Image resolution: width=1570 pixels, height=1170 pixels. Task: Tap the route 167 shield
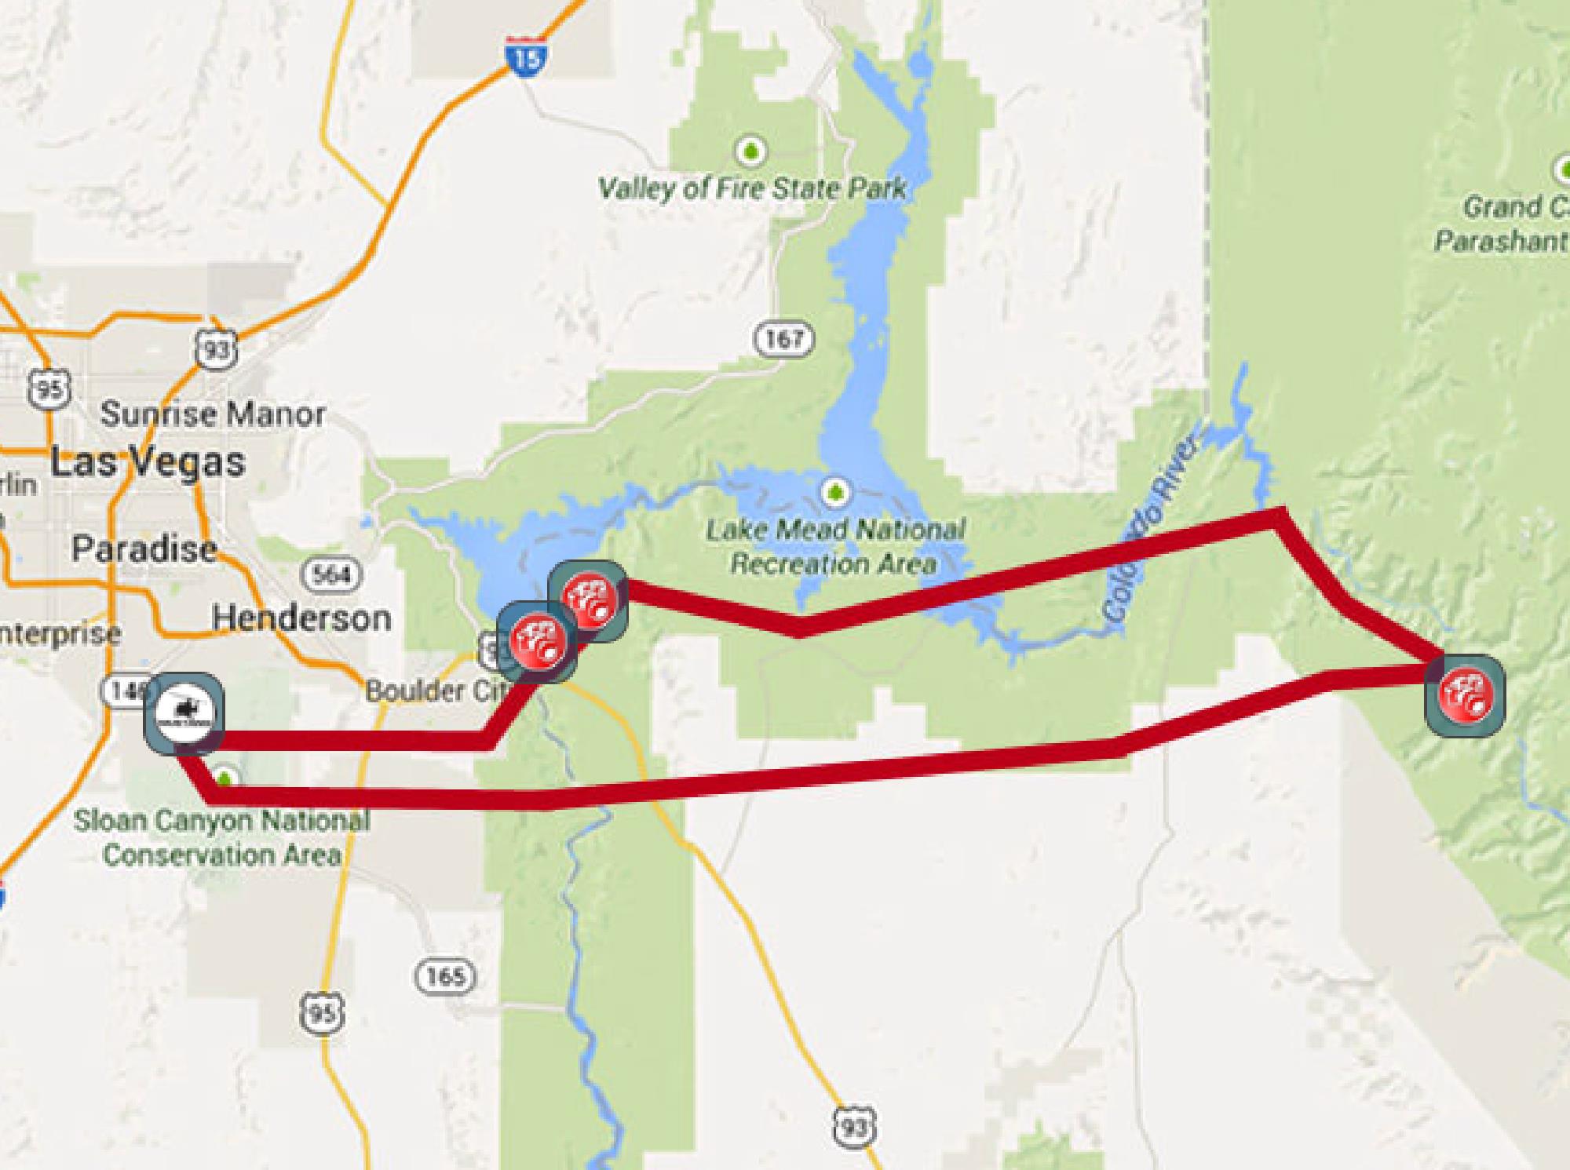pyautogui.click(x=783, y=339)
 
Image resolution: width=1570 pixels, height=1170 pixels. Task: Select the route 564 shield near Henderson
pyautogui.click(x=332, y=574)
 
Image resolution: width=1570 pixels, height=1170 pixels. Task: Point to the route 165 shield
pyautogui.click(x=445, y=976)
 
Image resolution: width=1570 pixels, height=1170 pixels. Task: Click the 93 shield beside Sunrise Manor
pyautogui.click(x=215, y=350)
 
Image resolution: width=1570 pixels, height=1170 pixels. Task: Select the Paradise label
pyautogui.click(x=144, y=549)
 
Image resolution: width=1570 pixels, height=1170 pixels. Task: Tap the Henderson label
pyautogui.click(x=301, y=618)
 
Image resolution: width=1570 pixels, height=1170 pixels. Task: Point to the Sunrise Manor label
pyautogui.click(x=213, y=414)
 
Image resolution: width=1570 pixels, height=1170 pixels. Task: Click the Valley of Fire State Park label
pyautogui.click(x=752, y=188)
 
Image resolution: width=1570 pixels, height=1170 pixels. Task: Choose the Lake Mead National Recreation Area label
pyautogui.click(x=835, y=546)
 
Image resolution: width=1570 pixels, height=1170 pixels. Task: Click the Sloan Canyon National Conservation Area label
pyautogui.click(x=221, y=837)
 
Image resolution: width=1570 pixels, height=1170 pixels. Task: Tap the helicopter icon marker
pyautogui.click(x=184, y=714)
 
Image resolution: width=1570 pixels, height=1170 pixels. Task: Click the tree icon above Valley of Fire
pyautogui.click(x=751, y=149)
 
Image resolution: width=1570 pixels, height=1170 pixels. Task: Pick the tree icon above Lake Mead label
pyautogui.click(x=835, y=493)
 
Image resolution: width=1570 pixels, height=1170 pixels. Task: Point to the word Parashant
pyautogui.click(x=1501, y=240)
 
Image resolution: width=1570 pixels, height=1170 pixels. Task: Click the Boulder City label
pyautogui.click(x=435, y=691)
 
